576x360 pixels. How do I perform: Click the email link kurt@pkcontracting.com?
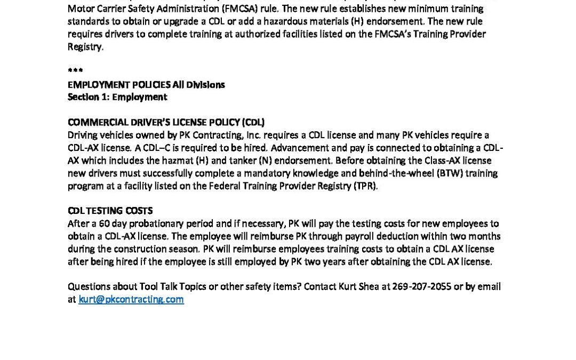click(131, 299)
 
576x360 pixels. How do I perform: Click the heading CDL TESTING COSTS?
click(110, 211)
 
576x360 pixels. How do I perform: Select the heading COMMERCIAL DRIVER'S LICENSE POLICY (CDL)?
click(166, 122)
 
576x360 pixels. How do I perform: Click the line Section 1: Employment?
click(117, 97)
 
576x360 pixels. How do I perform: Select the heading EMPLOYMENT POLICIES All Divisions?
click(146, 84)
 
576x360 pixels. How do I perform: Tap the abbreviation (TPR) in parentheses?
click(365, 186)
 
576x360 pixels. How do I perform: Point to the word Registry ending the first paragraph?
click(84, 47)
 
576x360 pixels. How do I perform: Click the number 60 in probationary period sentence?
click(105, 223)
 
